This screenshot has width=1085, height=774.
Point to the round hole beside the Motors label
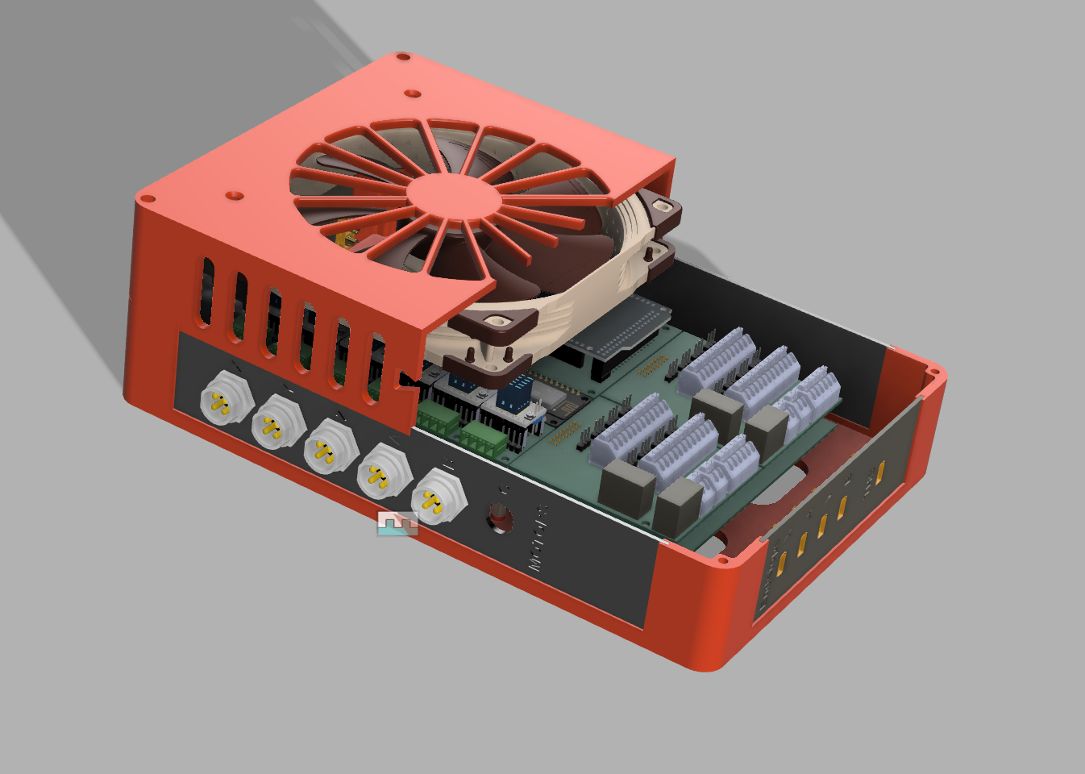500,517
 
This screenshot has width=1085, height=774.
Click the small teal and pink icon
398,523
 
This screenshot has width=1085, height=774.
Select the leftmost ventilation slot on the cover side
208,291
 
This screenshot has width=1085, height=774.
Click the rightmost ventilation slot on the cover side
376,366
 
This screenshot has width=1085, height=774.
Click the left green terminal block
439,419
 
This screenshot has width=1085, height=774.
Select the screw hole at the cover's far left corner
148,198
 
